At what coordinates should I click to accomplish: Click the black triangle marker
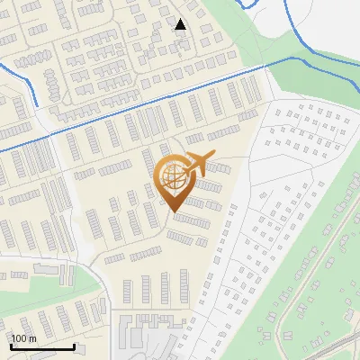coord(180,24)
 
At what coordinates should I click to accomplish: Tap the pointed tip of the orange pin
coord(174,212)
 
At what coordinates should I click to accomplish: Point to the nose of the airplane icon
coord(213,156)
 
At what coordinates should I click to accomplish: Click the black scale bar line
coord(41,346)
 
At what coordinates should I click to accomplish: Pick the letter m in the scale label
coord(32,338)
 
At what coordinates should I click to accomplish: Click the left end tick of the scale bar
coord(10,345)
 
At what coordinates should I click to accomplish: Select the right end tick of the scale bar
coord(74,345)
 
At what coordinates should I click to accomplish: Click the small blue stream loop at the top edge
coord(253,5)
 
